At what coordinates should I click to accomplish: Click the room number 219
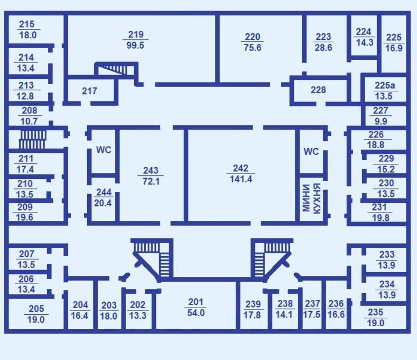pos(136,35)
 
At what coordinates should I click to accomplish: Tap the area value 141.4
pos(241,179)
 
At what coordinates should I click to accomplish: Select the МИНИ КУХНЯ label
pos(311,198)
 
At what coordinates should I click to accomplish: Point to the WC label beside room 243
pos(103,150)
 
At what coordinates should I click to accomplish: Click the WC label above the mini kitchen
pos(311,151)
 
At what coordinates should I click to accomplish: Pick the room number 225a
pos(385,86)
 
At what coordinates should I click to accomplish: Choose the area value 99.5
pos(135,45)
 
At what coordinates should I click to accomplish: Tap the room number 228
pos(318,90)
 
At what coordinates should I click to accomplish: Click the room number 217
pos(89,91)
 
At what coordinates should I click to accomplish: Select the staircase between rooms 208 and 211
pos(32,139)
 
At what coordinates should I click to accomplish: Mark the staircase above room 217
pos(116,69)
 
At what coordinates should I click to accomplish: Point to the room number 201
pos(196,302)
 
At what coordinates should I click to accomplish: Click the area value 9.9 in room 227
pos(381,121)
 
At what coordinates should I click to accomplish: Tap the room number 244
pos(103,192)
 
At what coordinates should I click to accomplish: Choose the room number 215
pos(27,25)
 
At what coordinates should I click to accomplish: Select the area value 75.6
pos(253,48)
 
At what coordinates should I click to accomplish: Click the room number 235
pos(375,312)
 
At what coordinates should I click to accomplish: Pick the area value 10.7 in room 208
pos(29,122)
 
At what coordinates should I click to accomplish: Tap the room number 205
pos(36,309)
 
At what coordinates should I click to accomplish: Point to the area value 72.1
pos(151,181)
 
